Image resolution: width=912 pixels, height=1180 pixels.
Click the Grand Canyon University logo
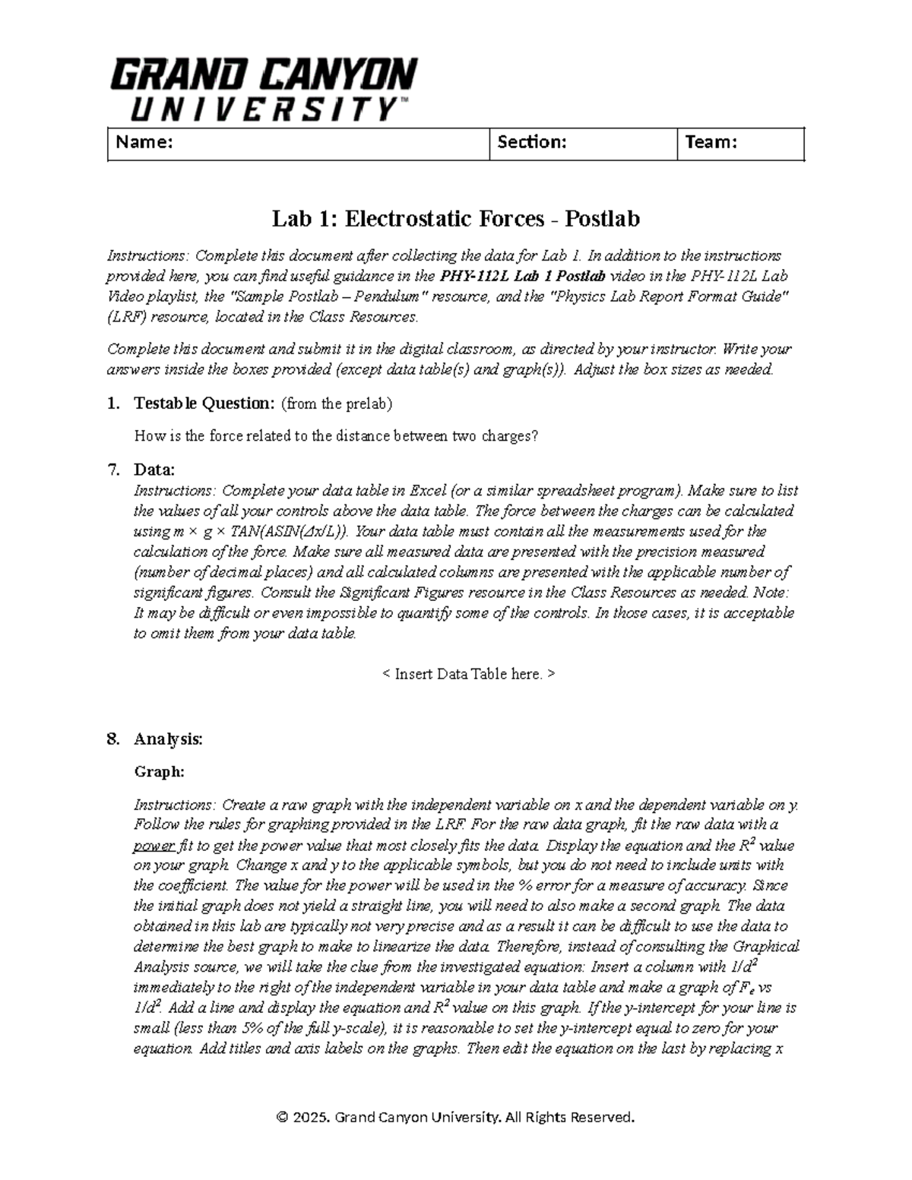point(263,90)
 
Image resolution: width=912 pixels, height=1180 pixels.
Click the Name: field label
point(144,142)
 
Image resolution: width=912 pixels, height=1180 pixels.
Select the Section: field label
point(531,142)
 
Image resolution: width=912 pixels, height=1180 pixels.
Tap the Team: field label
point(711,142)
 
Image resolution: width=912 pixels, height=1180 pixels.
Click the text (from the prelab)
point(337,403)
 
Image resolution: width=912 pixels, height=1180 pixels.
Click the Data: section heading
point(154,470)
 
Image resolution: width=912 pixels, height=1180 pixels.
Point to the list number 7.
point(113,470)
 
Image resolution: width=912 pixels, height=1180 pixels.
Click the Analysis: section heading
point(168,739)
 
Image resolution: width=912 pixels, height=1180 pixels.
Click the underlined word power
point(154,845)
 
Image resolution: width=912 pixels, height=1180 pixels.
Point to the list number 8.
point(113,739)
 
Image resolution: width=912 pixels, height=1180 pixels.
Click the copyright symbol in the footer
point(283,1117)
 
